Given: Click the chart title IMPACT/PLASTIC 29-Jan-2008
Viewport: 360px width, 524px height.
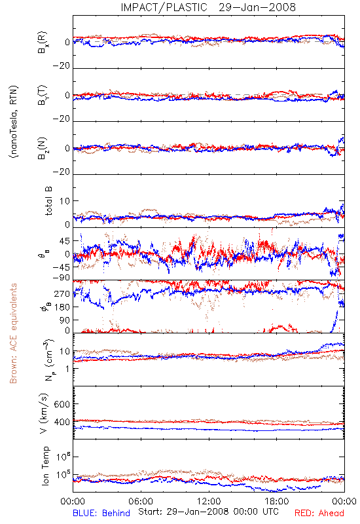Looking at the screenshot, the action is [208, 7].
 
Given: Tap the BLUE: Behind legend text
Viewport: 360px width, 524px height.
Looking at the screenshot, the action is [101, 513].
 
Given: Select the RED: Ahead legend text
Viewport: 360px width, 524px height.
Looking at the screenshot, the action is [319, 513].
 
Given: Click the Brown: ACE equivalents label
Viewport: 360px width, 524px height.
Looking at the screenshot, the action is [13, 333].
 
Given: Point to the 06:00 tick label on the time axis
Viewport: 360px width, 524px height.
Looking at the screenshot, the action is [141, 501].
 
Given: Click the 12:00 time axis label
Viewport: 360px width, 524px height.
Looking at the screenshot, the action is [209, 501].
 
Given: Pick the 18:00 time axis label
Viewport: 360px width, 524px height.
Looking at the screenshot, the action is [277, 501].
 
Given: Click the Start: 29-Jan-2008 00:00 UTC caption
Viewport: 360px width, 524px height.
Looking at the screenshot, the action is [208, 512].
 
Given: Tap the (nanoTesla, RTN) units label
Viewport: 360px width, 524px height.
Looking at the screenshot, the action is [14, 121].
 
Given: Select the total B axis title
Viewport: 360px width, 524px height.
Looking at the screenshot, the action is [48, 201].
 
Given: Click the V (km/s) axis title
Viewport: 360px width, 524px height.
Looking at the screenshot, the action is [44, 413].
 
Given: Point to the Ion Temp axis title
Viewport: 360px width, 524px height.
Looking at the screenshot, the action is [45, 466].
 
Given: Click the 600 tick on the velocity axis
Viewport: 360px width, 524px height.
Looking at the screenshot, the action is [62, 404].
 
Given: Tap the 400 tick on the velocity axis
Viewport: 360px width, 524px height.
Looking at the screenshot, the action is [62, 422].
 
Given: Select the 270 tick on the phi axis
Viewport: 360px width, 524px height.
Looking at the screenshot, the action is [62, 293].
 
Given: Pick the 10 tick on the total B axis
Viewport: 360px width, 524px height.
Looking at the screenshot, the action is [64, 201].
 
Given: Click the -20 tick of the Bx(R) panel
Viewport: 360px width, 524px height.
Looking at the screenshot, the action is [61, 66].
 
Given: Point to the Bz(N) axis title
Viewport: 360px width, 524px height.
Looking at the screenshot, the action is [43, 148].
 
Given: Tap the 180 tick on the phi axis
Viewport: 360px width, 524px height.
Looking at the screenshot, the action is [62, 307].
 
